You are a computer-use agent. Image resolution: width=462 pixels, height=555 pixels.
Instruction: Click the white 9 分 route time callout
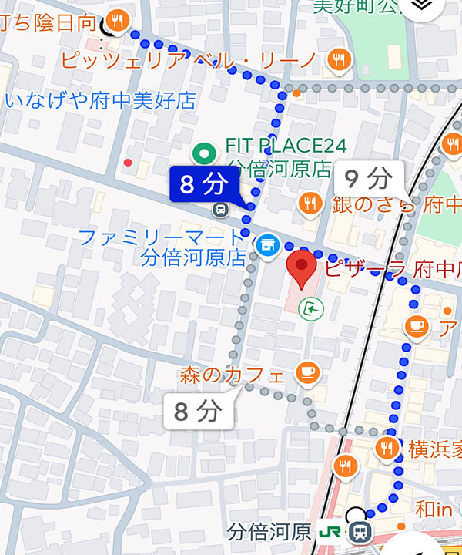(368, 179)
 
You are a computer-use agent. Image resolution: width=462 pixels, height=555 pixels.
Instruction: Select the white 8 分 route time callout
(198, 412)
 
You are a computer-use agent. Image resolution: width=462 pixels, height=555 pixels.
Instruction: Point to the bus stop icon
(221, 208)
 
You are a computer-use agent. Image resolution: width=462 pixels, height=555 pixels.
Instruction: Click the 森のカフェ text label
(232, 375)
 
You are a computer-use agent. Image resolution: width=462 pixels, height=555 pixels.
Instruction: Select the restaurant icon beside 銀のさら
(310, 204)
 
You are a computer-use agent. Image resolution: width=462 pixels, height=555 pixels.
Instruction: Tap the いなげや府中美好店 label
(100, 100)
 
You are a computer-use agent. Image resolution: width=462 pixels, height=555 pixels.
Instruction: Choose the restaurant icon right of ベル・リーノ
(336, 59)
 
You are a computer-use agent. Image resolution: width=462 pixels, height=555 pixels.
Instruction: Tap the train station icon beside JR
(358, 532)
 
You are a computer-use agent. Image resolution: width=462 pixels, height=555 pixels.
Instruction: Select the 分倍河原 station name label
(269, 532)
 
